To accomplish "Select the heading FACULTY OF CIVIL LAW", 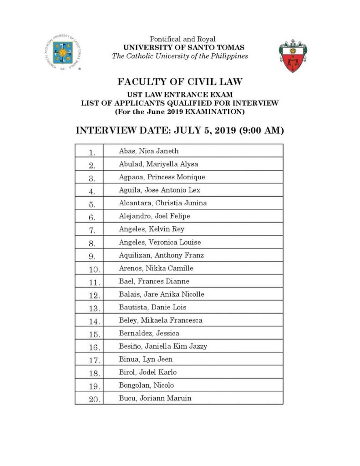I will pos(180,82).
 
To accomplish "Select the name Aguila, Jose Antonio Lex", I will pos(159,190).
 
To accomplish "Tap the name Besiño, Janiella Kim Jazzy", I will pos(163,346).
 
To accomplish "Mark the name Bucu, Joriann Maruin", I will pos(155,398).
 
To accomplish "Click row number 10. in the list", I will pos(93,269).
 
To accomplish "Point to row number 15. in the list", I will pos(93,334).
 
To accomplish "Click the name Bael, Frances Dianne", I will pos(154,281).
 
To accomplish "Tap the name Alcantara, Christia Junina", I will pos(162,203).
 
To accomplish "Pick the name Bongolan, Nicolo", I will pos(147,385).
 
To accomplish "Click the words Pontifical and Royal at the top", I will pos(180,39).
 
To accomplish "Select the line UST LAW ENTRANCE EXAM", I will pos(180,95).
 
